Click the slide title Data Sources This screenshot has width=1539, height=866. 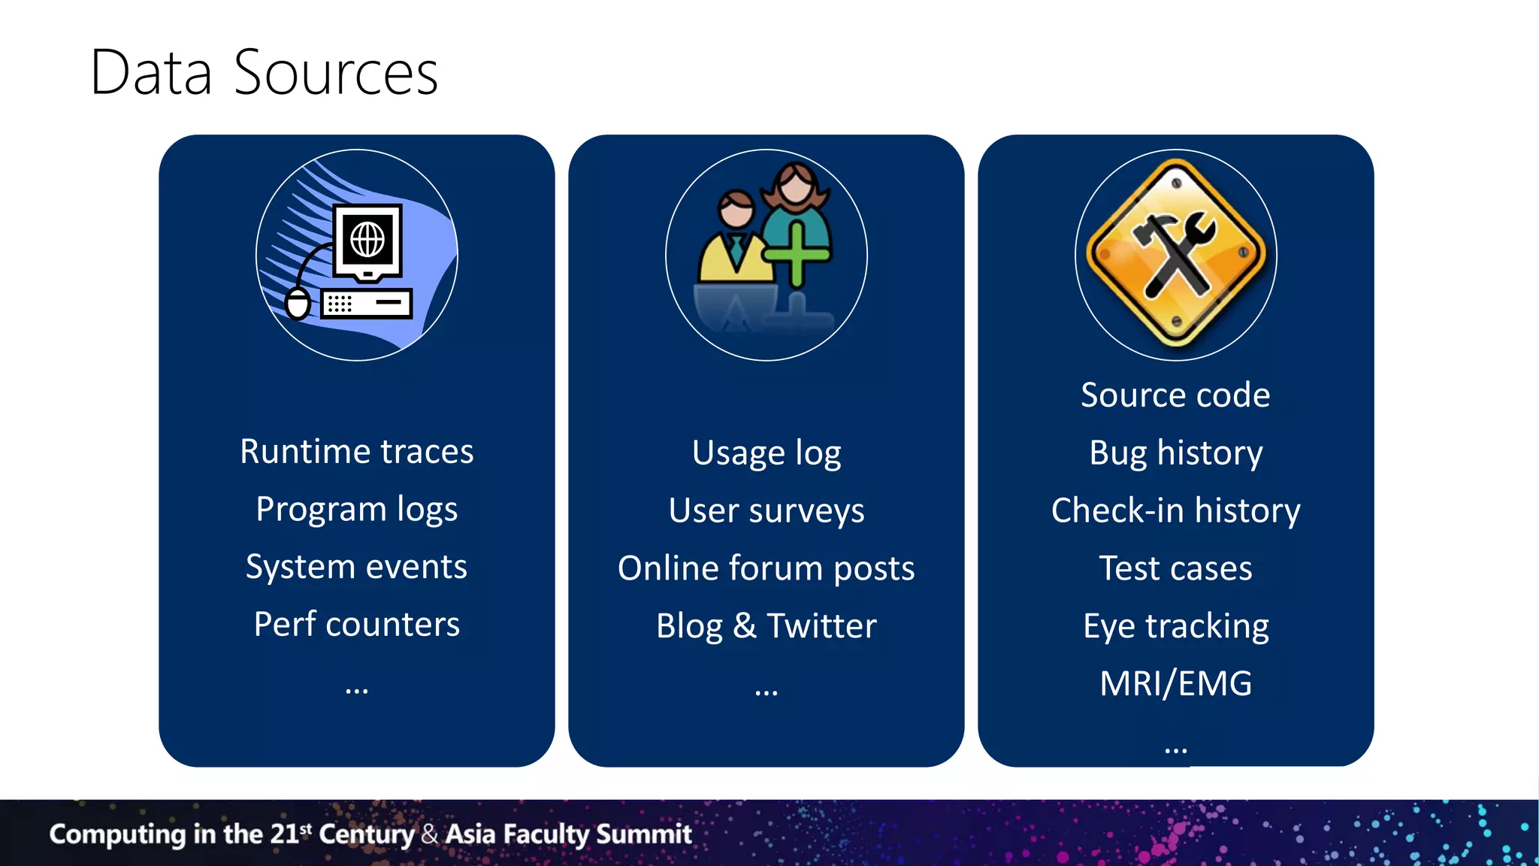(263, 73)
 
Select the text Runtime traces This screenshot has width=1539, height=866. (356, 452)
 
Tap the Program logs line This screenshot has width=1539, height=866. (356, 510)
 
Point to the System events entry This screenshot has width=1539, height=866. (356, 567)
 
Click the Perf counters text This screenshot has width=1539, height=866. (356, 625)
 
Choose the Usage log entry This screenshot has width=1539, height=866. (766, 453)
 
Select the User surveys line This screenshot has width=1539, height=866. (766, 511)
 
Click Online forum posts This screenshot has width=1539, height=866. (766, 568)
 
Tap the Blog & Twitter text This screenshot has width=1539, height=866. (766, 626)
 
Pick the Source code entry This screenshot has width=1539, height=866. (1175, 395)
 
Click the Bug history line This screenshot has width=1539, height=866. (1175, 453)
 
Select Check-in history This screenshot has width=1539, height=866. (1175, 511)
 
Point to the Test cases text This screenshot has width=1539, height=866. (1175, 568)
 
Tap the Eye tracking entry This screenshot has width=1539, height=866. (1175, 626)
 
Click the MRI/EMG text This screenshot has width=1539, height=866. (1175, 684)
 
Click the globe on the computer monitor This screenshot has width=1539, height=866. (367, 241)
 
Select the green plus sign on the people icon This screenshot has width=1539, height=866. (797, 254)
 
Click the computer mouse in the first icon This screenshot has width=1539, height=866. (298, 304)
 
